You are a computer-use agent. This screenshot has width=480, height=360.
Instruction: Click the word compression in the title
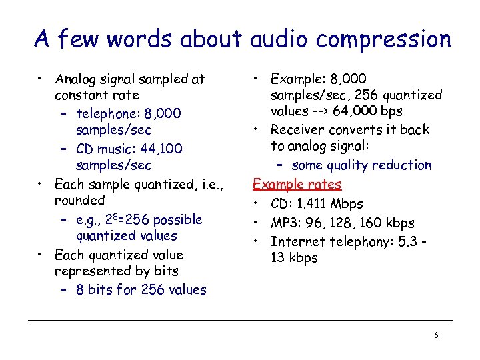pos(383,39)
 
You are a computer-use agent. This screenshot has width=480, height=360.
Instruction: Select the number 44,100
pos(158,149)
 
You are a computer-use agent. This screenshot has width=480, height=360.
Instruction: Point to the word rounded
pos(79,200)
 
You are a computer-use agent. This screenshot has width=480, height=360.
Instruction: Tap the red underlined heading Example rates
pos(297,185)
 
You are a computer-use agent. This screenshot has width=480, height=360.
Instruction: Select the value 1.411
pos(313,204)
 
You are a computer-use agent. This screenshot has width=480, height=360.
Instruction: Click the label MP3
pos(285,223)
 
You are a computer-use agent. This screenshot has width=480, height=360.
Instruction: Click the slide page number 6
pos(436,335)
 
